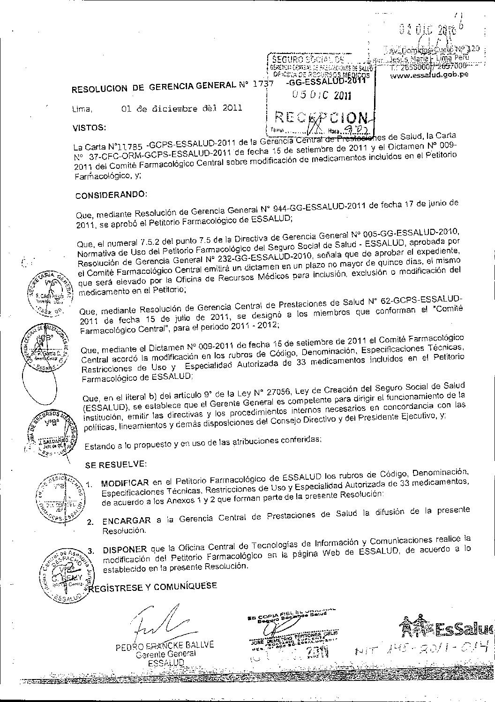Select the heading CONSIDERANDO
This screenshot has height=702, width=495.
[111, 194]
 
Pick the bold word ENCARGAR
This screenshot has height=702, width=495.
[126, 520]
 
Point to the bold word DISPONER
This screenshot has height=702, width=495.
[125, 550]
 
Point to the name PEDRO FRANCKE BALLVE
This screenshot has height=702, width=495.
[164, 646]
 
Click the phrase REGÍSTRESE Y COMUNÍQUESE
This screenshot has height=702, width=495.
[153, 586]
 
